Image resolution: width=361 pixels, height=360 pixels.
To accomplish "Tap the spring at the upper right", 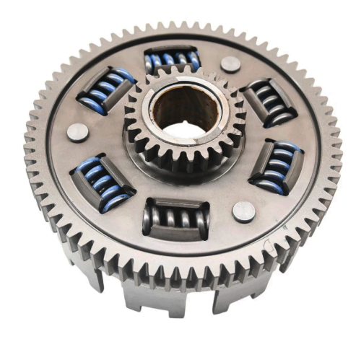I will pyautogui.click(x=271, y=101).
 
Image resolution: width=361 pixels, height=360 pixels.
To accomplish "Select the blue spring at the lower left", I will pyautogui.click(x=102, y=183).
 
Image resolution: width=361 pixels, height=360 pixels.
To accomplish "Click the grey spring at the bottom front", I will pyautogui.click(x=177, y=219).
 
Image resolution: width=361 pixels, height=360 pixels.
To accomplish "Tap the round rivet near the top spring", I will pyautogui.click(x=230, y=63).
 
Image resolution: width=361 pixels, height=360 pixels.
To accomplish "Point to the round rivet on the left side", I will pyautogui.click(x=77, y=132).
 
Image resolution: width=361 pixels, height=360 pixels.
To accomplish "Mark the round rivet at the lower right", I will pyautogui.click(x=243, y=211).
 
